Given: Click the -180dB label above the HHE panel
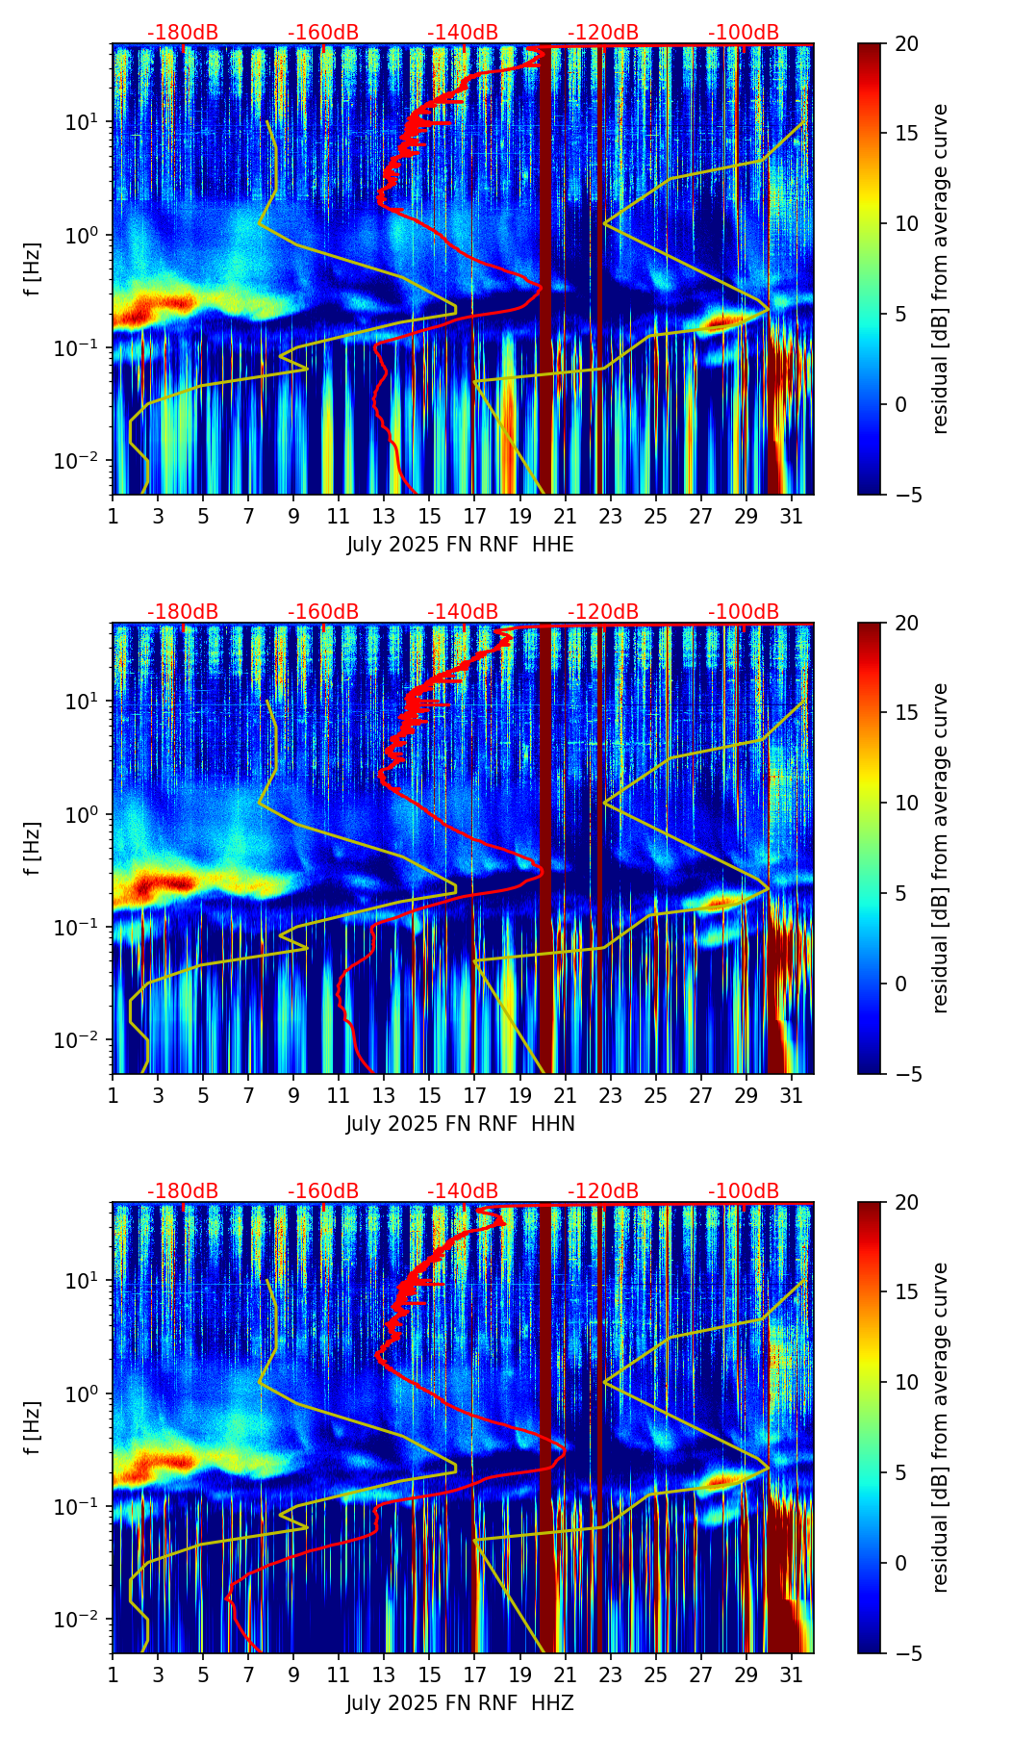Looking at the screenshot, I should point(183,33).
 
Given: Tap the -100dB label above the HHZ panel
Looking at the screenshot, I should point(744,1191).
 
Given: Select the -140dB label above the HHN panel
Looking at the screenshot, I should point(463,612).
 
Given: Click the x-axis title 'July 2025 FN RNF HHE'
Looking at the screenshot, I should point(460,545).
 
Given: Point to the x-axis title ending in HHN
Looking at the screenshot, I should point(460,1124).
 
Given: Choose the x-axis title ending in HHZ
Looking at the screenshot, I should point(460,1703).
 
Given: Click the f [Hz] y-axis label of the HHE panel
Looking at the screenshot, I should point(34,269).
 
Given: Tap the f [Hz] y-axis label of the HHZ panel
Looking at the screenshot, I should point(34,1428).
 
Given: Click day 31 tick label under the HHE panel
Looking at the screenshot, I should point(792,516).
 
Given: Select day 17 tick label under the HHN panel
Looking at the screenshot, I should point(474,1095).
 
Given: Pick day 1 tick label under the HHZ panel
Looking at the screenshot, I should point(113,1674).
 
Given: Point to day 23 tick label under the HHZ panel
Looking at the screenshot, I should point(610,1674).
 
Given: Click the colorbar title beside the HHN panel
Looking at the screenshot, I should point(940,848).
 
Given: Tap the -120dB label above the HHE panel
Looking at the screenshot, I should point(603,33).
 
